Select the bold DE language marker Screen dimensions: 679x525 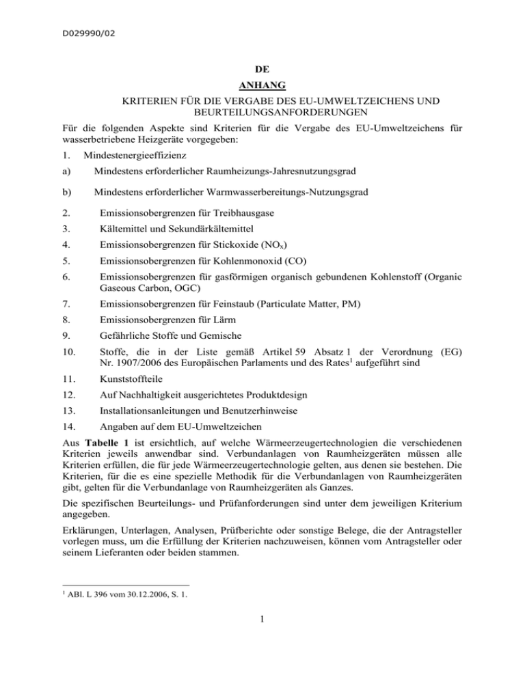(x=262, y=69)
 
